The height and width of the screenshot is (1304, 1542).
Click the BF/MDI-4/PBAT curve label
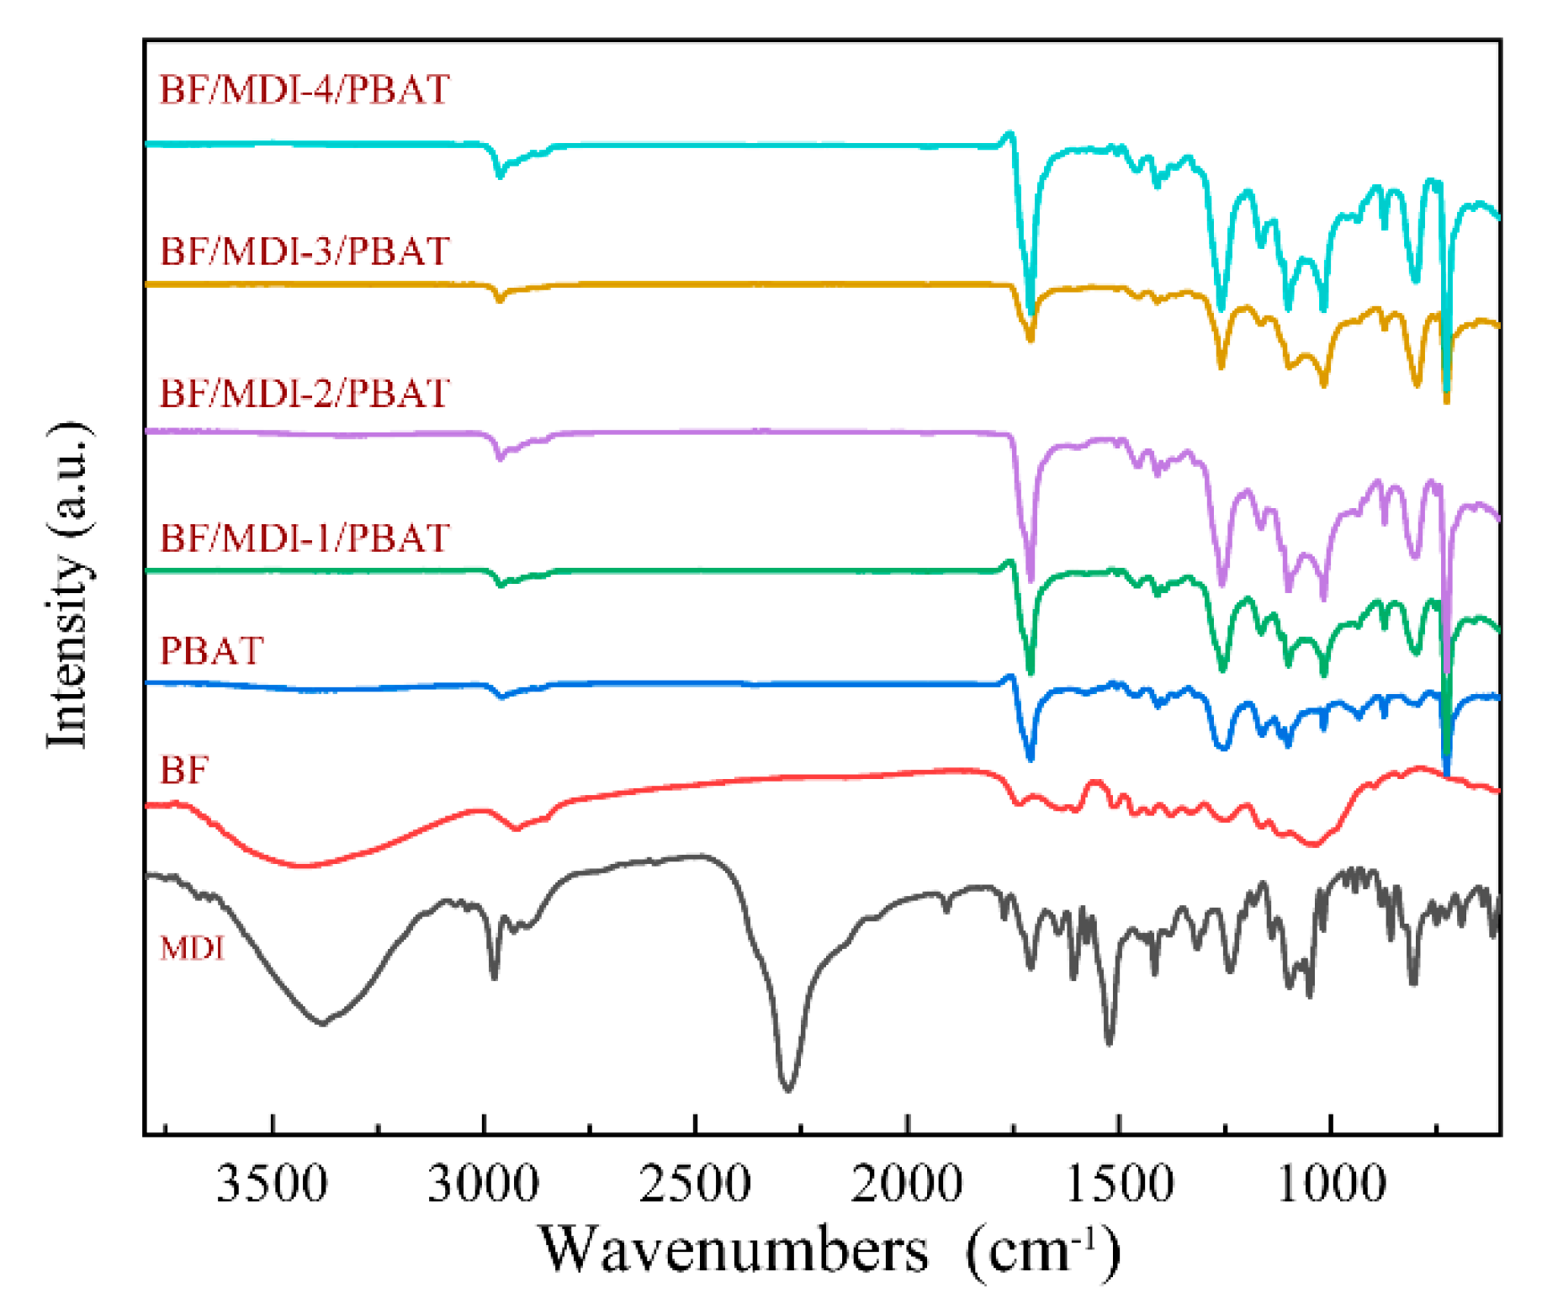305,89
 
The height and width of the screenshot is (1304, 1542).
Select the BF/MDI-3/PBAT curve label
305,251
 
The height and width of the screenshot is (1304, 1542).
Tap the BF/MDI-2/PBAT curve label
305,393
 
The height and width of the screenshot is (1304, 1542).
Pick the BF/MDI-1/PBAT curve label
305,538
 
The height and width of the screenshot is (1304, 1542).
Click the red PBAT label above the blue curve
212,650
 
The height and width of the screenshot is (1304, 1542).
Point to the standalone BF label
183,770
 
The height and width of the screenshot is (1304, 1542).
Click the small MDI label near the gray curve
193,948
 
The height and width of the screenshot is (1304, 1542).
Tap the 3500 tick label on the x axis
272,1185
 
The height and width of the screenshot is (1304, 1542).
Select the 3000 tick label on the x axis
484,1185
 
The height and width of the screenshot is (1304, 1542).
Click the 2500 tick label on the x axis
696,1185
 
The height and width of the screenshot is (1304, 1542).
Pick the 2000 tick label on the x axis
907,1185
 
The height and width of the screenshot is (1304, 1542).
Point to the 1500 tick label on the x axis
1119,1185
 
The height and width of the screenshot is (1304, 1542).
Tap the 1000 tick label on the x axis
1331,1185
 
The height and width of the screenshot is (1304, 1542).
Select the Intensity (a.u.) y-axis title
69,585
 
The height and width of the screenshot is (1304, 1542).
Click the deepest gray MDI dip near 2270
787,1089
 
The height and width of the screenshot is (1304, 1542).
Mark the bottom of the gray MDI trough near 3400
321,1022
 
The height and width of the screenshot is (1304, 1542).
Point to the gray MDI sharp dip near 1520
1109,1042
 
